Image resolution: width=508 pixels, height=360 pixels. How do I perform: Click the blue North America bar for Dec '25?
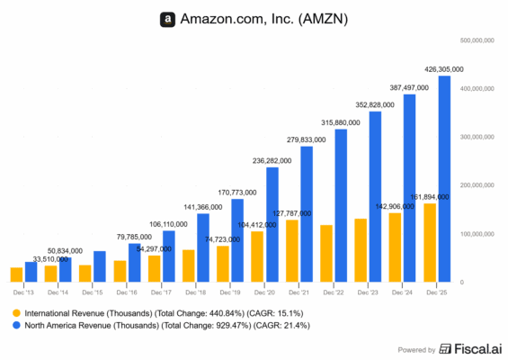click(x=444, y=179)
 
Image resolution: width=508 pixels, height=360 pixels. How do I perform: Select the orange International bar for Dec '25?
click(x=430, y=243)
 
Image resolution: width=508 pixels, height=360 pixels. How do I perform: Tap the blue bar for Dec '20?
click(x=272, y=225)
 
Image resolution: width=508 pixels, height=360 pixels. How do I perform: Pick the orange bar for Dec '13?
click(x=16, y=274)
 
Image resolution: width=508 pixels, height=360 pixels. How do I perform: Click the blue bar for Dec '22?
click(x=341, y=206)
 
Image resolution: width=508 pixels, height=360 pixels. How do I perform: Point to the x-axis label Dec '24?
click(x=402, y=292)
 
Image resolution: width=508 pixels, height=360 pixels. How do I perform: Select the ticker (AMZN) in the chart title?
click(x=316, y=19)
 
